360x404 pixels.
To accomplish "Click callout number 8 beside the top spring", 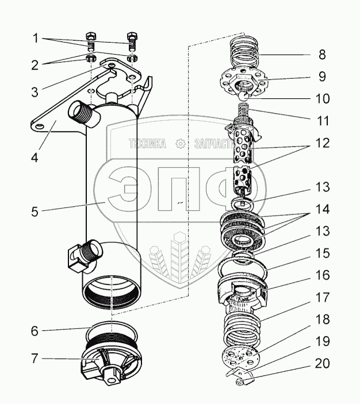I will pyautogui.click(x=321, y=56).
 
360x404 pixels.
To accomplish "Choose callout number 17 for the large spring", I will pyautogui.click(x=321, y=298).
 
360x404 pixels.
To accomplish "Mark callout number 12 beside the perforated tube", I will pyautogui.click(x=321, y=143).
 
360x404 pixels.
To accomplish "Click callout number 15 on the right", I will pyautogui.click(x=321, y=252).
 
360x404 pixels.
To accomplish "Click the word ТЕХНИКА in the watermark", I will pyautogui.click(x=147, y=144).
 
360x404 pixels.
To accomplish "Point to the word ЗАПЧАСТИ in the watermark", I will pyautogui.click(x=209, y=144).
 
